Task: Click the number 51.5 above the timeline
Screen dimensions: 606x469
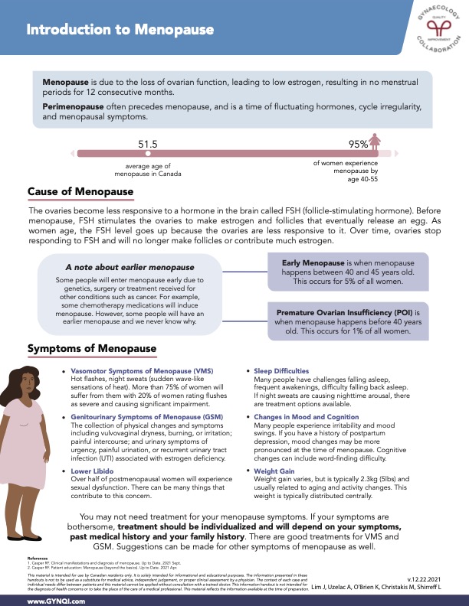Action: [x=148, y=144]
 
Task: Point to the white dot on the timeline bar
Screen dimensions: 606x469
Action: [x=148, y=154]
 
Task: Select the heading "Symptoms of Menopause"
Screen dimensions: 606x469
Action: [x=92, y=349]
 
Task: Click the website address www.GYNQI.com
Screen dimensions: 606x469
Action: [x=56, y=602]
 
